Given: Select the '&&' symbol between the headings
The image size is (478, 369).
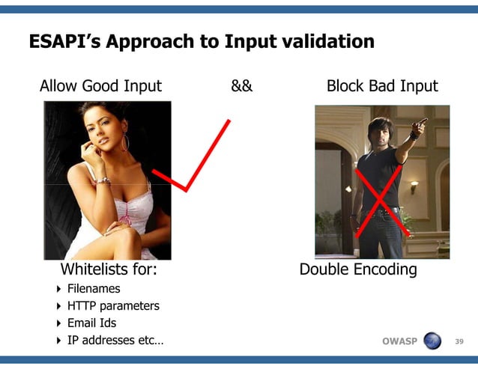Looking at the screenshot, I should (x=241, y=86).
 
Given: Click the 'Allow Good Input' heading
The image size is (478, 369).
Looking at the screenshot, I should (x=100, y=86).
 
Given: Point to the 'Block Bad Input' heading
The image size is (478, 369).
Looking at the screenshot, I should (x=382, y=86).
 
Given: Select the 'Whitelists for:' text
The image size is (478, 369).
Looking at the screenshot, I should (x=108, y=269).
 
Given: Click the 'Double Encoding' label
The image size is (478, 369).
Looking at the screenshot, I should (x=358, y=269).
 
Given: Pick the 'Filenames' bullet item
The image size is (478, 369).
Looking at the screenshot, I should (x=94, y=288).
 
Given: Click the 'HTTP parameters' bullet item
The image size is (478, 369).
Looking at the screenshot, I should (x=113, y=305).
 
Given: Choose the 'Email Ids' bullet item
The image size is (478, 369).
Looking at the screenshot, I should (x=91, y=323).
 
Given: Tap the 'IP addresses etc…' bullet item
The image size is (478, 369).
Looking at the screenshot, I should (x=115, y=341).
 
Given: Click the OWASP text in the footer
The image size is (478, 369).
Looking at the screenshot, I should (x=399, y=342).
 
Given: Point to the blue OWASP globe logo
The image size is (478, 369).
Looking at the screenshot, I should (x=433, y=341).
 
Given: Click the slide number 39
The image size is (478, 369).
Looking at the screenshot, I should (x=460, y=342).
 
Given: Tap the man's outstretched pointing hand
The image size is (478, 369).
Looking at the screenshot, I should (x=422, y=121).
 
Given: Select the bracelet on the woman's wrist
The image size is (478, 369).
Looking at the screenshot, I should (x=103, y=180).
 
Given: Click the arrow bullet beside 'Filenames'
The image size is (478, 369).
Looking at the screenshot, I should (x=60, y=288).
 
